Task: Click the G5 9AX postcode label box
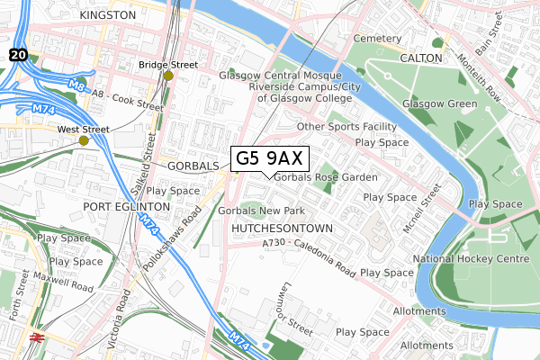pos(271,158)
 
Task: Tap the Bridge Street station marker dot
pos(168,76)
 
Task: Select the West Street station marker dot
pos(84,140)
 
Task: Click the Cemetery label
pos(375,39)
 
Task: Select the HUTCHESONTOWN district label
pos(282,229)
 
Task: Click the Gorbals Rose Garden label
pos(326,177)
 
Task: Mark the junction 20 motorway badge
pos(18,56)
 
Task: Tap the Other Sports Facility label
pos(346,127)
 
